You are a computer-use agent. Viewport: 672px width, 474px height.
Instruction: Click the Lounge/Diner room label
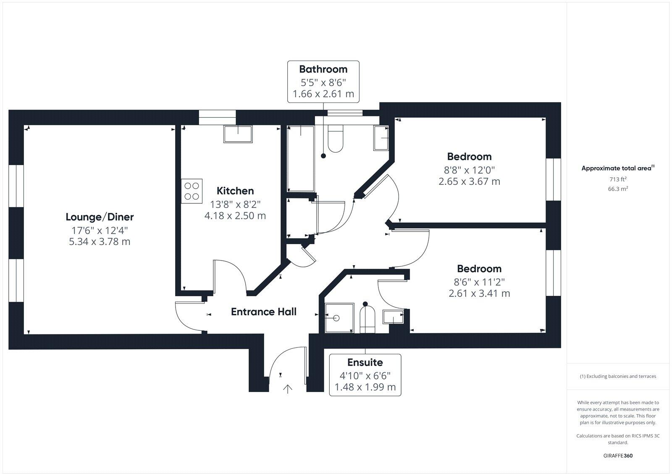pos(100,217)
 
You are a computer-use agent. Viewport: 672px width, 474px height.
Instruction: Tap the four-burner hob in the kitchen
pos(192,191)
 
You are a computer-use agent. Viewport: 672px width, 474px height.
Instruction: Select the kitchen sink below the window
pos(238,134)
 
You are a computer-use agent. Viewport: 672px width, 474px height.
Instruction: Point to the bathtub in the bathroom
pos(300,158)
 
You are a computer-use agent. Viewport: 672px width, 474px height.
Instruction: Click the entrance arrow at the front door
pos(288,389)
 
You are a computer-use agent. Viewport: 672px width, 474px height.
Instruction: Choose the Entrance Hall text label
pos(264,312)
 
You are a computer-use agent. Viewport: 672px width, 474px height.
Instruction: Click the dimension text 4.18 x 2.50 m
pos(235,216)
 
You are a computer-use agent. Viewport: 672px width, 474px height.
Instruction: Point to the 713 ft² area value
pos(618,179)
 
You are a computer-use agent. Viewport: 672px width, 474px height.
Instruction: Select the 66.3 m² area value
pos(618,189)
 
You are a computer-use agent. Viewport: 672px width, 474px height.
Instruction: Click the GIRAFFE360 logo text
pos(618,456)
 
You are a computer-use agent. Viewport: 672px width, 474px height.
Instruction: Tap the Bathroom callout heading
pos(323,69)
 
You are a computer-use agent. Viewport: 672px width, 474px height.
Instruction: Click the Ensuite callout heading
pos(365,362)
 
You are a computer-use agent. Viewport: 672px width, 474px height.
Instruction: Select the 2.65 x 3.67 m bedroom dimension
pos(469,182)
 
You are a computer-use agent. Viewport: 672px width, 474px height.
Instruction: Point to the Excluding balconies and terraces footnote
pos(618,377)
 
